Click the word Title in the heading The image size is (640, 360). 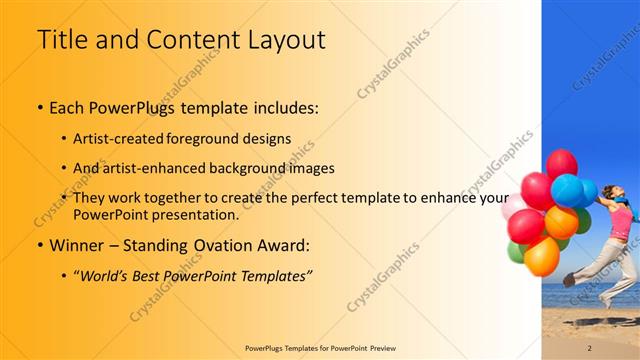pos(58,41)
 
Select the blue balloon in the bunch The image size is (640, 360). pos(569,189)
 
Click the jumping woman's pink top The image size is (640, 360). pos(620,222)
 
